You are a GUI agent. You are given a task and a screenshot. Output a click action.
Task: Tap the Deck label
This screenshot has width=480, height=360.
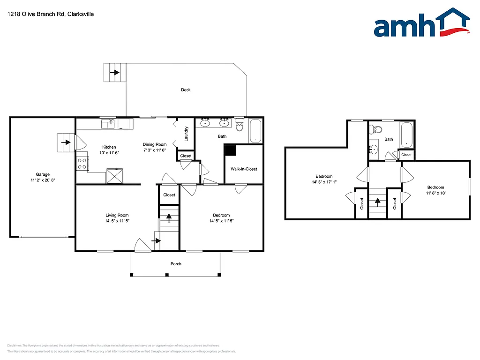[186, 90]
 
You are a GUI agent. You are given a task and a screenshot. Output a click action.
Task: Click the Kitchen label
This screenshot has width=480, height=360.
[109, 147]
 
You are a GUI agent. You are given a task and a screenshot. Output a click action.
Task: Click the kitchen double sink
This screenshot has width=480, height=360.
[109, 124]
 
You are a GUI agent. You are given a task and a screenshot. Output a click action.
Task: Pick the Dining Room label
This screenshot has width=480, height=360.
[155, 144]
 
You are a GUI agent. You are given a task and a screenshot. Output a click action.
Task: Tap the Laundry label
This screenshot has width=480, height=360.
[186, 134]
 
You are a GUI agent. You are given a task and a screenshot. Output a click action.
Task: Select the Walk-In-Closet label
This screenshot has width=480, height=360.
[244, 169]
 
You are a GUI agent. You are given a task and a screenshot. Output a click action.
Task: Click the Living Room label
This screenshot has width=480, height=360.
[117, 215]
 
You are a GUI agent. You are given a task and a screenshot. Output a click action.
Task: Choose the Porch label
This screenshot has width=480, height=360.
[176, 264]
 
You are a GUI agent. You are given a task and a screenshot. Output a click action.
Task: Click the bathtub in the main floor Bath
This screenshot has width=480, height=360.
[255, 131]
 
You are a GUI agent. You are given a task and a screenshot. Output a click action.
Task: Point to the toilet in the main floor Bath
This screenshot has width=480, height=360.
[240, 125]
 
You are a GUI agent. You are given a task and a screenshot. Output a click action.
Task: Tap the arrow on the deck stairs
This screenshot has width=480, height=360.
[115, 73]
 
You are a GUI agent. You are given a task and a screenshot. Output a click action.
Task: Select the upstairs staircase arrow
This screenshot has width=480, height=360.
[377, 202]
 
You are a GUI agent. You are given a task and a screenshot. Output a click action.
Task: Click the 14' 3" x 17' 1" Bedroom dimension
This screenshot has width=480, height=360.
[323, 182]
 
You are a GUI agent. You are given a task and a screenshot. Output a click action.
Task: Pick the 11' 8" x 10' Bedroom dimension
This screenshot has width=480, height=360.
[435, 193]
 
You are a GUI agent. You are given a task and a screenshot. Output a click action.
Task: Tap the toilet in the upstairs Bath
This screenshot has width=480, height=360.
[375, 131]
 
